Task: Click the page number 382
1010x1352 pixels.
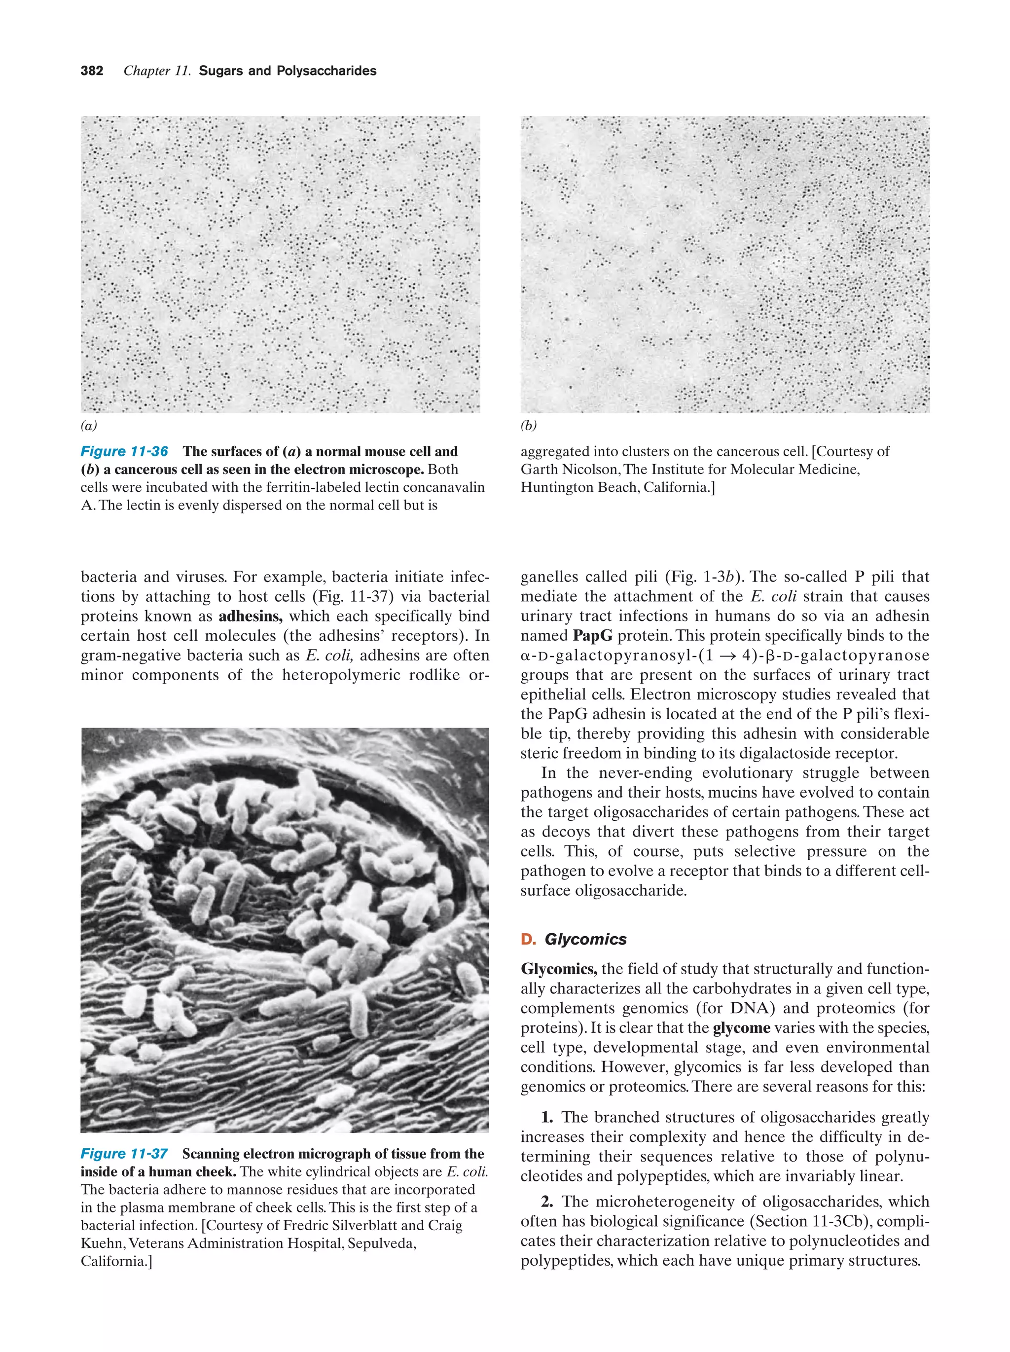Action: pyautogui.click(x=92, y=71)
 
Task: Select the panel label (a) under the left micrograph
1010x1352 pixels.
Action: pyautogui.click(x=89, y=425)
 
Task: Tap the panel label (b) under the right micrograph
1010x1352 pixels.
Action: pyautogui.click(x=529, y=425)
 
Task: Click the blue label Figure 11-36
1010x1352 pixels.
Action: pyautogui.click(x=124, y=452)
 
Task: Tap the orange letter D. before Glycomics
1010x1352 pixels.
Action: pyautogui.click(x=528, y=940)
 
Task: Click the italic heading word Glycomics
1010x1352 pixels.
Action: pyautogui.click(x=585, y=940)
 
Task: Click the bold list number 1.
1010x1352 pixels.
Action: pyautogui.click(x=547, y=1117)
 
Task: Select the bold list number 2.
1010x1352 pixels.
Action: pyautogui.click(x=547, y=1202)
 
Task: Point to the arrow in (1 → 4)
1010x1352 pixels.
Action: pyautogui.click(x=721, y=656)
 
